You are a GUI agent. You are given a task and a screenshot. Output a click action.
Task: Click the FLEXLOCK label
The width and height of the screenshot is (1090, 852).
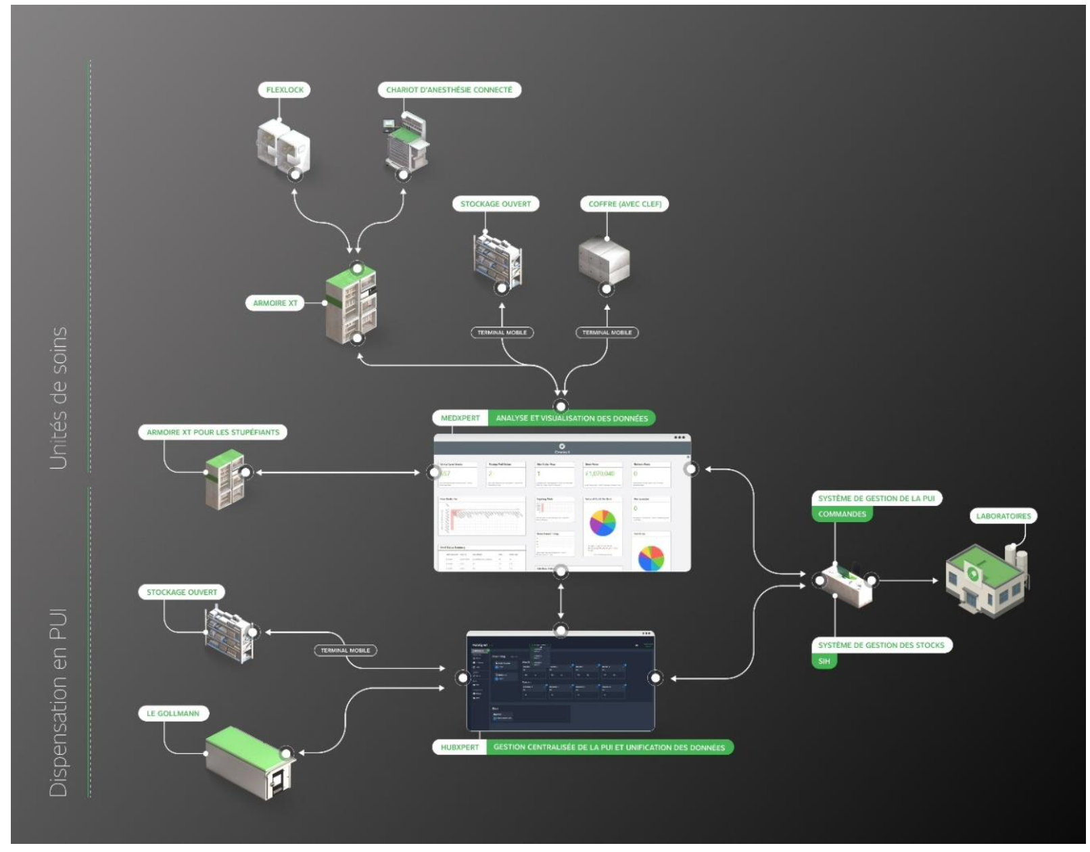[285, 90]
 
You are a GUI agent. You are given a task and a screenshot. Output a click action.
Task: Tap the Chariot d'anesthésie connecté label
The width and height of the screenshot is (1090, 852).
[449, 90]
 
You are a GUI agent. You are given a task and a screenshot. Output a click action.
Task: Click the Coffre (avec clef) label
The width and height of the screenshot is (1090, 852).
[624, 204]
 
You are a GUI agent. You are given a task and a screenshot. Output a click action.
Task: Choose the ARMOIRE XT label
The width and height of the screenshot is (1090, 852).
[275, 303]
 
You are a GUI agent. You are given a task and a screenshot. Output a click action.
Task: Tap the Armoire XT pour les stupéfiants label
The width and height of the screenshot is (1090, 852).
[212, 432]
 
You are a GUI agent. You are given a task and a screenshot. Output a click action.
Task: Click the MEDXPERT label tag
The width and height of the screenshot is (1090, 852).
[460, 419]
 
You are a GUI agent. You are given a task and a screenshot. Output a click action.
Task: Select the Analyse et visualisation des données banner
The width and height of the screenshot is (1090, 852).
[571, 419]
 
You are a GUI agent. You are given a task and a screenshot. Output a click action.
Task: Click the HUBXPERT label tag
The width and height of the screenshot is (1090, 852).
[460, 747]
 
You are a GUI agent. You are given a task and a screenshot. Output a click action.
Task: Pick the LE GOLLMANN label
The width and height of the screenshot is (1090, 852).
[173, 713]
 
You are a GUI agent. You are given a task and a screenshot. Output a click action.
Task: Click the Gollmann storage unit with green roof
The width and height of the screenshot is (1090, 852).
[250, 763]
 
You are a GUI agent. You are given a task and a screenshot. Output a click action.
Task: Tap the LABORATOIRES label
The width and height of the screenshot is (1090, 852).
[1003, 516]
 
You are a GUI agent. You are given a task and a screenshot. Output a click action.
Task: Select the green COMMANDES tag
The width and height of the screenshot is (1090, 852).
[842, 514]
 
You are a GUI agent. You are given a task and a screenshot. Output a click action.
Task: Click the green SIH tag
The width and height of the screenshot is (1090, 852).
[824, 661]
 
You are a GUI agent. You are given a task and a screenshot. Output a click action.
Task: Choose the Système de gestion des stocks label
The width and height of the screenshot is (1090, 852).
[881, 645]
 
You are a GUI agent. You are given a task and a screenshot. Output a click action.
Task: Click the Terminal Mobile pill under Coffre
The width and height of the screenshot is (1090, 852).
[607, 333]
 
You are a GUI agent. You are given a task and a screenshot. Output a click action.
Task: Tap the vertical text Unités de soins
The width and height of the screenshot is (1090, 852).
[59, 398]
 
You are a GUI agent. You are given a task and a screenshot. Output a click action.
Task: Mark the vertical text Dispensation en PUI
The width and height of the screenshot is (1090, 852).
[59, 703]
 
